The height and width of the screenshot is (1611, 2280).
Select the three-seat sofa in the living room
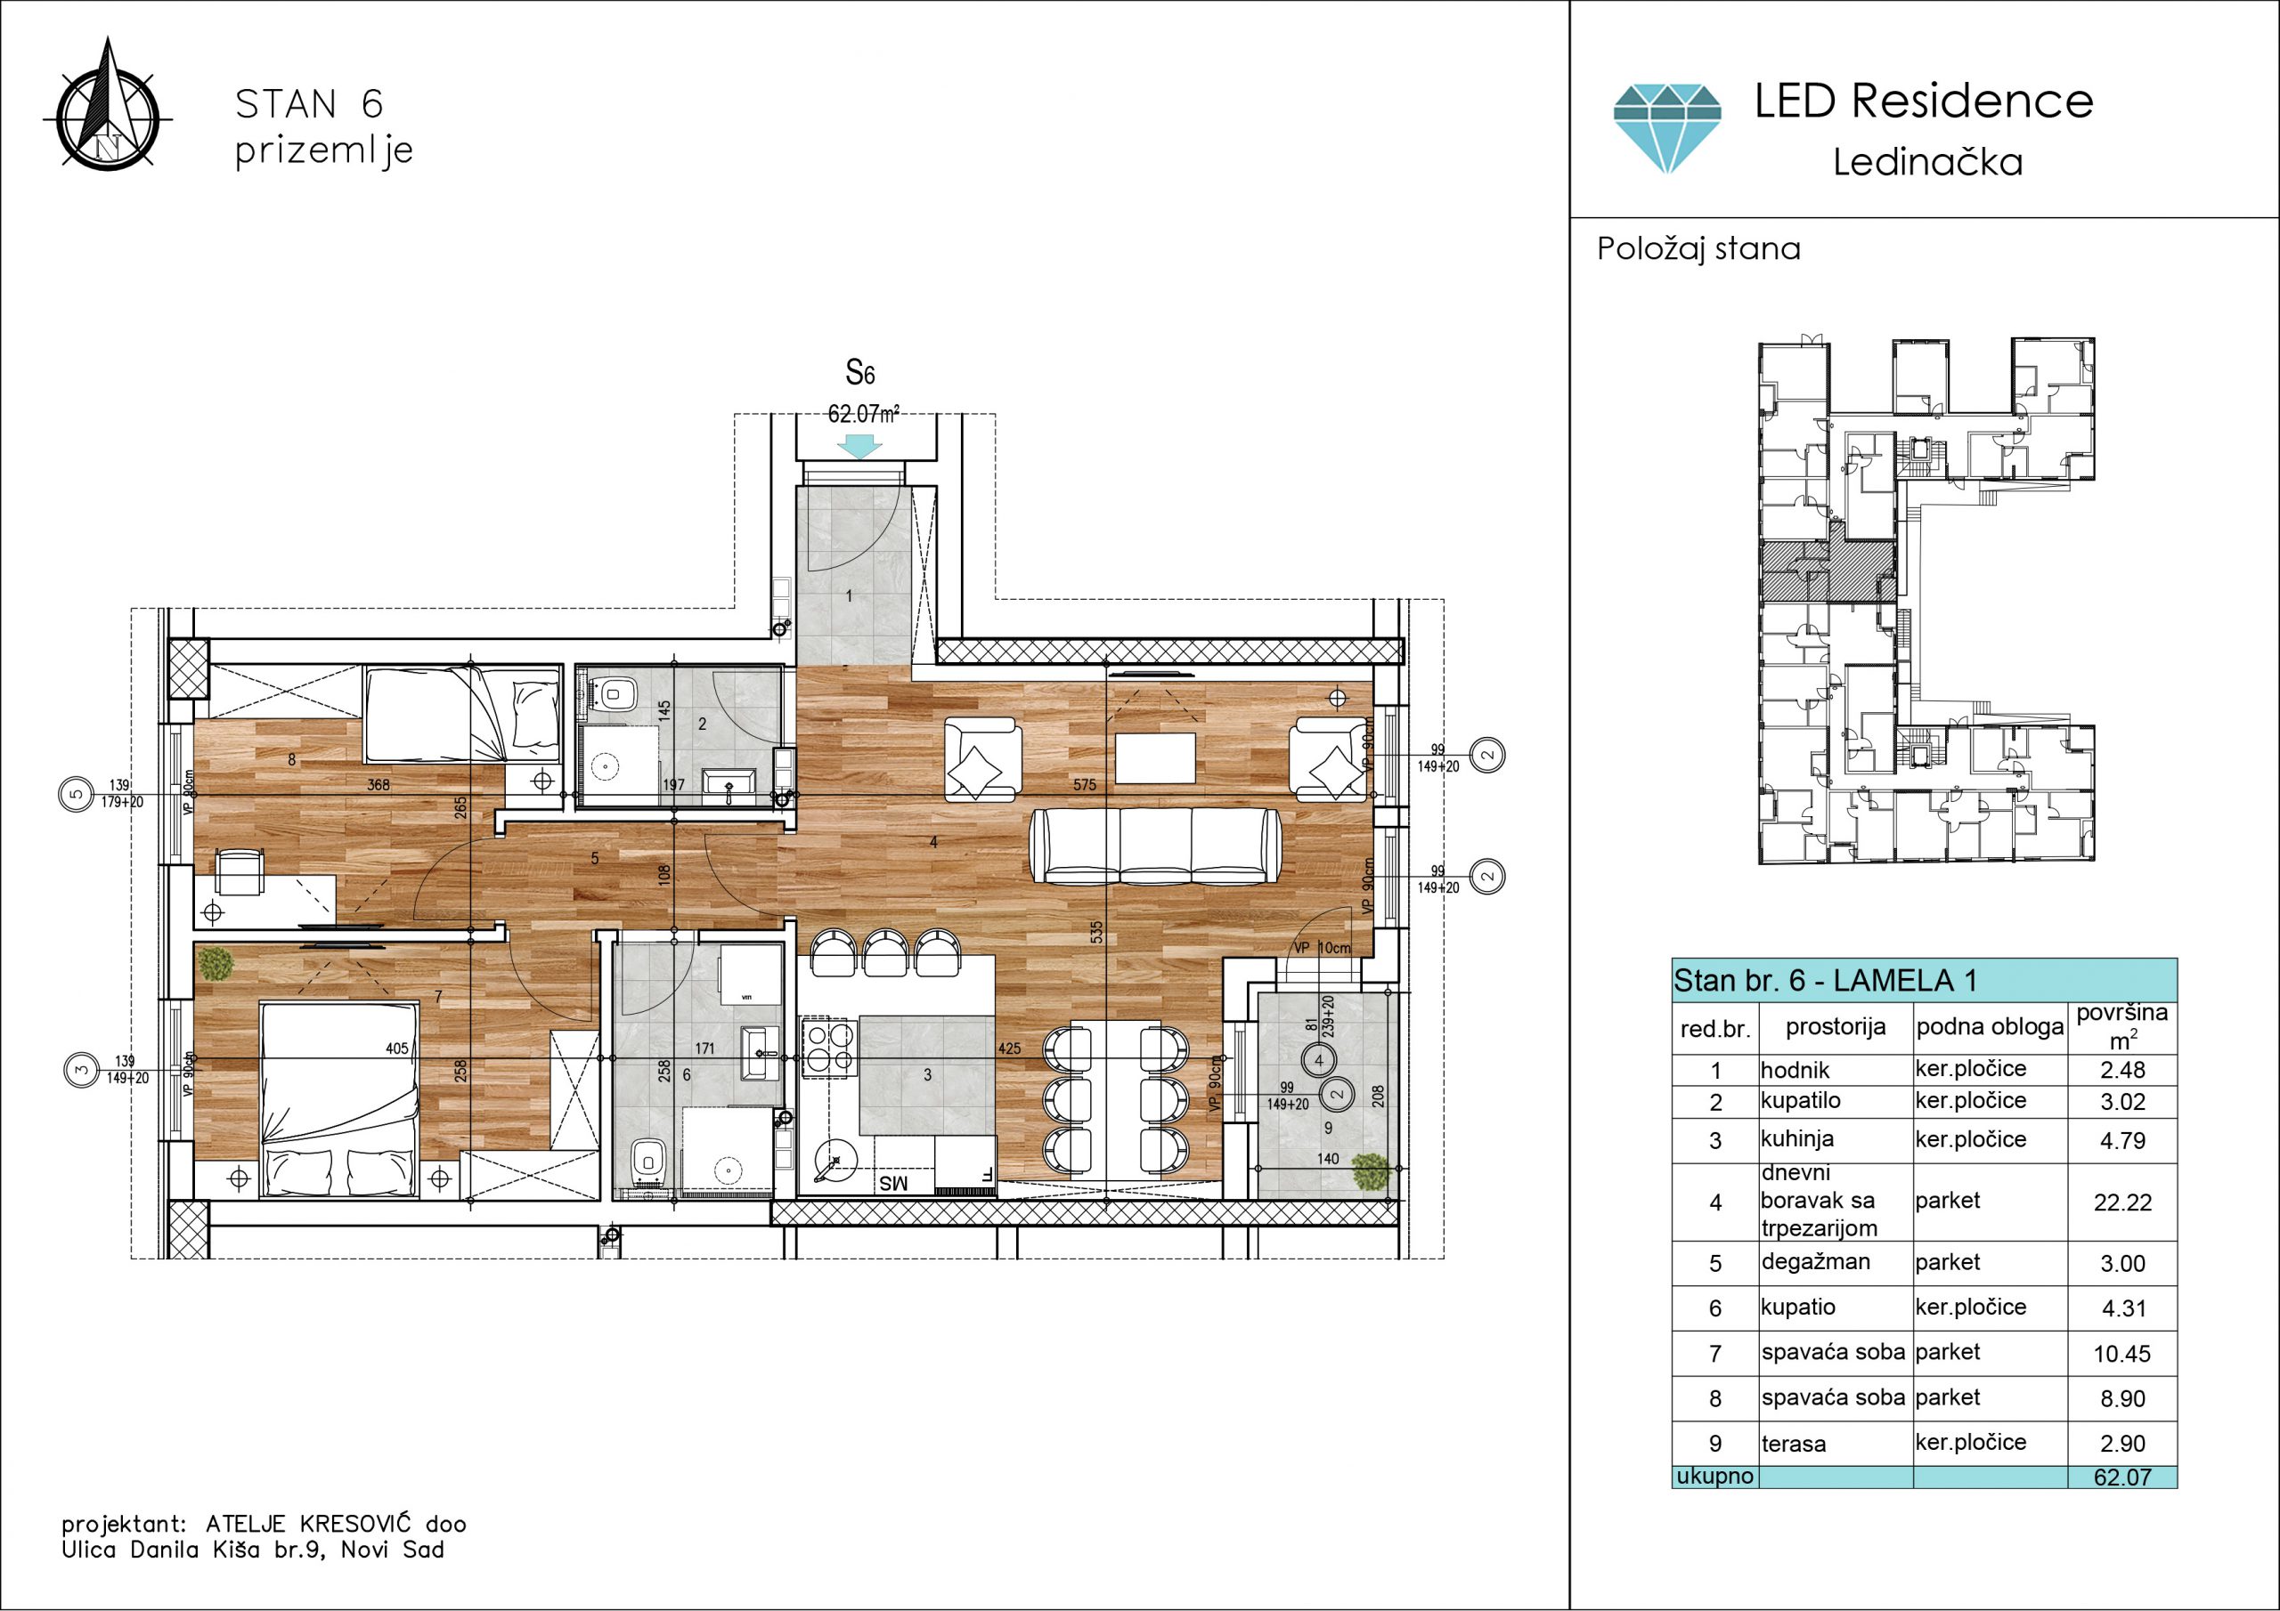point(1156,846)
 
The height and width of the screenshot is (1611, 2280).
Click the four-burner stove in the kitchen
point(829,1046)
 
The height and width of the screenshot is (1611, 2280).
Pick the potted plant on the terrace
point(1371,1172)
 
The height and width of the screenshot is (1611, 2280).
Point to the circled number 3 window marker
point(79,1069)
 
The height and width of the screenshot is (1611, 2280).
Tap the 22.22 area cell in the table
point(2122,1202)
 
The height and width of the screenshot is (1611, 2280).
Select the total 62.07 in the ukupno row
point(2122,1477)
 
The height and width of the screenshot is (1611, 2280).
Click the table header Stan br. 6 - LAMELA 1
point(1825,981)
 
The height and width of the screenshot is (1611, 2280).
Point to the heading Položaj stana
point(1698,248)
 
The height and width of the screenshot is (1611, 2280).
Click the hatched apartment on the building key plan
point(1828,571)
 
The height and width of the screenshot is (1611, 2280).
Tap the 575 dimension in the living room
point(1085,784)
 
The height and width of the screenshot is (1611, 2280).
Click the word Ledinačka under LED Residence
point(1927,162)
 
